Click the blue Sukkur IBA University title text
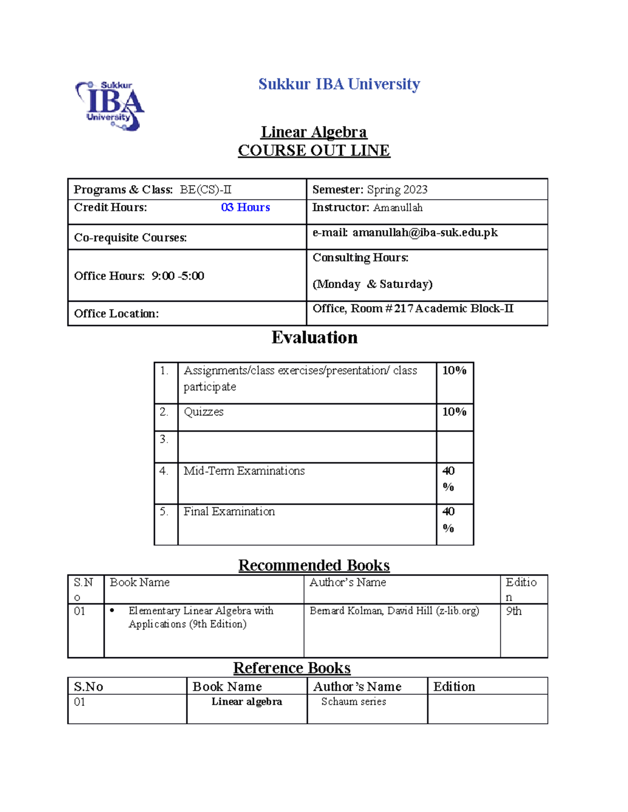tap(339, 84)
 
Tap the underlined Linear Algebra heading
tap(313, 132)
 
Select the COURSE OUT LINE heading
tap(313, 151)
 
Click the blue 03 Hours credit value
tap(245, 208)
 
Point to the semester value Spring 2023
tap(397, 189)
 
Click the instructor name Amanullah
tap(398, 208)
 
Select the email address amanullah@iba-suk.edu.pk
tap(424, 233)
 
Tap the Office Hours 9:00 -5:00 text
tap(139, 276)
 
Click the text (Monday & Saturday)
tap(372, 284)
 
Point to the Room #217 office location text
tap(412, 308)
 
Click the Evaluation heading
tap(314, 338)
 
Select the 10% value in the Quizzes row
tap(454, 412)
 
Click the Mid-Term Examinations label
tap(244, 471)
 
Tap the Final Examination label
tap(229, 512)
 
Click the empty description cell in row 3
tap(307, 447)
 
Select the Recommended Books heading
tap(313, 565)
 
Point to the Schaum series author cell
tap(353, 702)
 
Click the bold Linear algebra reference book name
tap(246, 702)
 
